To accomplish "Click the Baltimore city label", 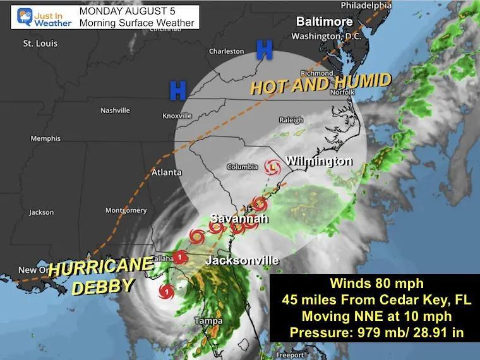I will (325, 21).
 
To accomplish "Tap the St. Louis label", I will (40, 44).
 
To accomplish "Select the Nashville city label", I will (115, 111).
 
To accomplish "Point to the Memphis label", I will (45, 138).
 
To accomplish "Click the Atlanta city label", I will (167, 172).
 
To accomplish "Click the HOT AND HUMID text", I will (320, 83).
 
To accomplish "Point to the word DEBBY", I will (103, 286).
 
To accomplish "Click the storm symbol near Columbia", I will (272, 168).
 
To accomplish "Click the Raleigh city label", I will (291, 120).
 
